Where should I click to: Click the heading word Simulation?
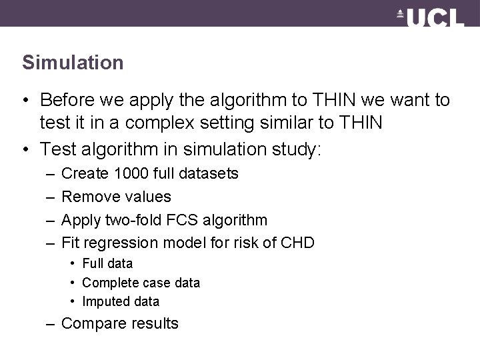point(73,63)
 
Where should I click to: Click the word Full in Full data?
point(93,263)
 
